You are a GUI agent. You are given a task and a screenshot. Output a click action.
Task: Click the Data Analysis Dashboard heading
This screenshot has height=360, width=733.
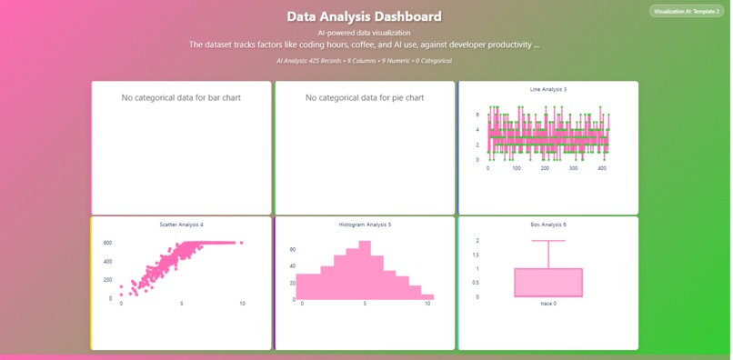pyautogui.click(x=364, y=16)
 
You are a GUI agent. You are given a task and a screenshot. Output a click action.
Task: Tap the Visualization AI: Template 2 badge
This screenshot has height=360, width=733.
pyautogui.click(x=687, y=12)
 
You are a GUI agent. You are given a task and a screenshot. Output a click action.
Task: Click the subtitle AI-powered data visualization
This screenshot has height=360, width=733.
pyautogui.click(x=364, y=33)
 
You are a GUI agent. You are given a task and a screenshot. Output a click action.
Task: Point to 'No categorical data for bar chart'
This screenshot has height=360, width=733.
pyautogui.click(x=181, y=97)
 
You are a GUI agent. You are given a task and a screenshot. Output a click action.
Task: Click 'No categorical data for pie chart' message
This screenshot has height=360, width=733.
pyautogui.click(x=365, y=97)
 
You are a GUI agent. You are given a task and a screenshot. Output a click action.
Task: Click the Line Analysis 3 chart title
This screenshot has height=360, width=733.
pyautogui.click(x=547, y=89)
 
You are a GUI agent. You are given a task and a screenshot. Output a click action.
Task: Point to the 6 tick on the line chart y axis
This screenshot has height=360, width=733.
pyautogui.click(x=477, y=115)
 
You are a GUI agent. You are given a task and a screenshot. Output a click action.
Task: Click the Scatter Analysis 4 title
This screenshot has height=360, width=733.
pyautogui.click(x=181, y=224)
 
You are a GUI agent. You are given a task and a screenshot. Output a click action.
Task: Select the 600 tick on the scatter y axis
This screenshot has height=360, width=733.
pyautogui.click(x=107, y=243)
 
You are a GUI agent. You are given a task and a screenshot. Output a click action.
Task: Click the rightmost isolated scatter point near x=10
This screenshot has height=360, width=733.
pyautogui.click(x=242, y=243)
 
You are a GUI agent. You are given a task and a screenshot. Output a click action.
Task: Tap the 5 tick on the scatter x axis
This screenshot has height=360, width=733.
pyautogui.click(x=182, y=304)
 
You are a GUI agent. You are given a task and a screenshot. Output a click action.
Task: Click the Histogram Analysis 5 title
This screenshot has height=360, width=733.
pyautogui.click(x=365, y=224)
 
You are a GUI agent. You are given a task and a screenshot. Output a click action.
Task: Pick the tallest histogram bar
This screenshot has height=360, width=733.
pyautogui.click(x=365, y=269)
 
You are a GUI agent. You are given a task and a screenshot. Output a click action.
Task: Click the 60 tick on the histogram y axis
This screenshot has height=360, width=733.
pyautogui.click(x=292, y=249)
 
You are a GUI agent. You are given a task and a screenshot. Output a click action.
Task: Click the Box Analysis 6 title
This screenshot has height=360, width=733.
pyautogui.click(x=547, y=224)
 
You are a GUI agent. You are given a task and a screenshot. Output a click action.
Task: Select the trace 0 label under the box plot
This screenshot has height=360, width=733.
pyautogui.click(x=547, y=304)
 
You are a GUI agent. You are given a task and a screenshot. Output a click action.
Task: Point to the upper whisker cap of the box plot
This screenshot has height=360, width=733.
pyautogui.click(x=547, y=241)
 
